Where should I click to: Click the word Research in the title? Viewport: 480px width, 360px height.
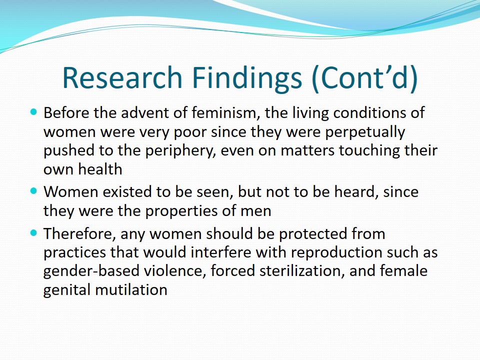pos(122,77)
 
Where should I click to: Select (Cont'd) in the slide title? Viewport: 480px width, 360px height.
pos(364,78)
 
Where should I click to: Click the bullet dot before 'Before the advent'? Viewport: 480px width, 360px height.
pos(33,111)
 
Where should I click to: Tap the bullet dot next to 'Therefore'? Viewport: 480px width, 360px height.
pos(33,233)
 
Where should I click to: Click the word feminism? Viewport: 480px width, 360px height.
pos(226,112)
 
